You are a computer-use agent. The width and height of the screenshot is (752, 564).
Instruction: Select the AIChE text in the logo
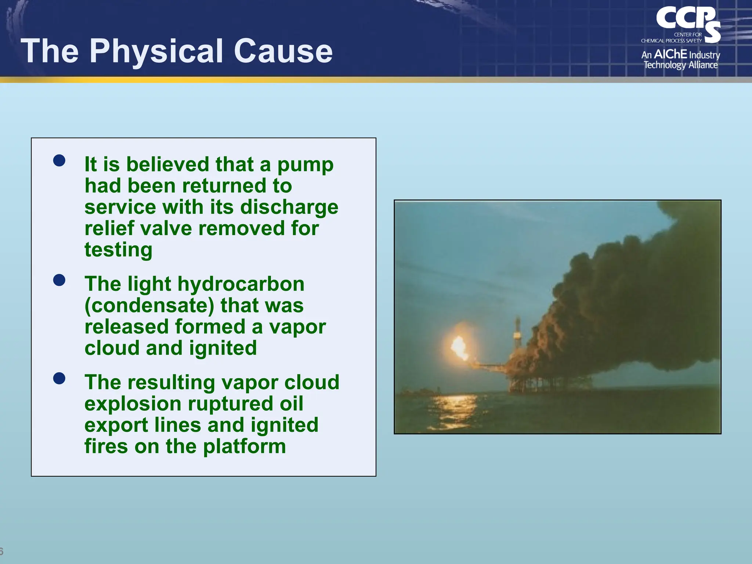(x=670, y=54)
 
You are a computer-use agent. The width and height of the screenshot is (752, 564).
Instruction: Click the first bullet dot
(x=59, y=160)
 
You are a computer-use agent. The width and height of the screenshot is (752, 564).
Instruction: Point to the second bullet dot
(x=59, y=280)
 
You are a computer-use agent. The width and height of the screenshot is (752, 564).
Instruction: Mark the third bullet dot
(x=59, y=378)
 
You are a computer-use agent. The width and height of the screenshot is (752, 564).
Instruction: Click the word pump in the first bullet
(x=305, y=165)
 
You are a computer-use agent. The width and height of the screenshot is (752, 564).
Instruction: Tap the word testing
(x=118, y=250)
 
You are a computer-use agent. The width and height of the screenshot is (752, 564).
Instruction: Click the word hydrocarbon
(x=241, y=284)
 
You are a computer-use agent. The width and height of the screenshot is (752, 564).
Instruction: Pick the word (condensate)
(x=149, y=305)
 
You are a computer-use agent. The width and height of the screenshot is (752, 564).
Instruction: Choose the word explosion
(x=133, y=404)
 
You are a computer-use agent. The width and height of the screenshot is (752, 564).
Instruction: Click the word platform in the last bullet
(x=244, y=446)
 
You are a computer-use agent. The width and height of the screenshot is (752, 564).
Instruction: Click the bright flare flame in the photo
(x=459, y=347)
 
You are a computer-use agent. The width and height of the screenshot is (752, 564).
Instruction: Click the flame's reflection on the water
(x=453, y=408)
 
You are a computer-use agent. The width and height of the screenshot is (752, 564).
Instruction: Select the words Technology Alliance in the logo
(x=680, y=65)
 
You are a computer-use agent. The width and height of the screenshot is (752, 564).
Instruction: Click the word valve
(x=166, y=228)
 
